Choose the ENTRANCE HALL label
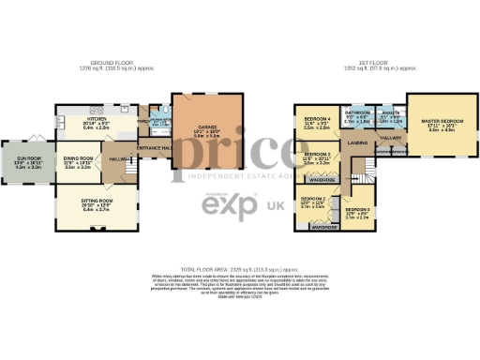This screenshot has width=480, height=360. pos(152,148)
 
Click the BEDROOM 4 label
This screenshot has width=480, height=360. pos(317,119)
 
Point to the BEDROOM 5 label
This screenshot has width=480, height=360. pos(357,210)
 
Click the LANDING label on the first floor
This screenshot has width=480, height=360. pos(357,142)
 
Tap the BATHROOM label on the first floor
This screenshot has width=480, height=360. pos(358,112)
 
